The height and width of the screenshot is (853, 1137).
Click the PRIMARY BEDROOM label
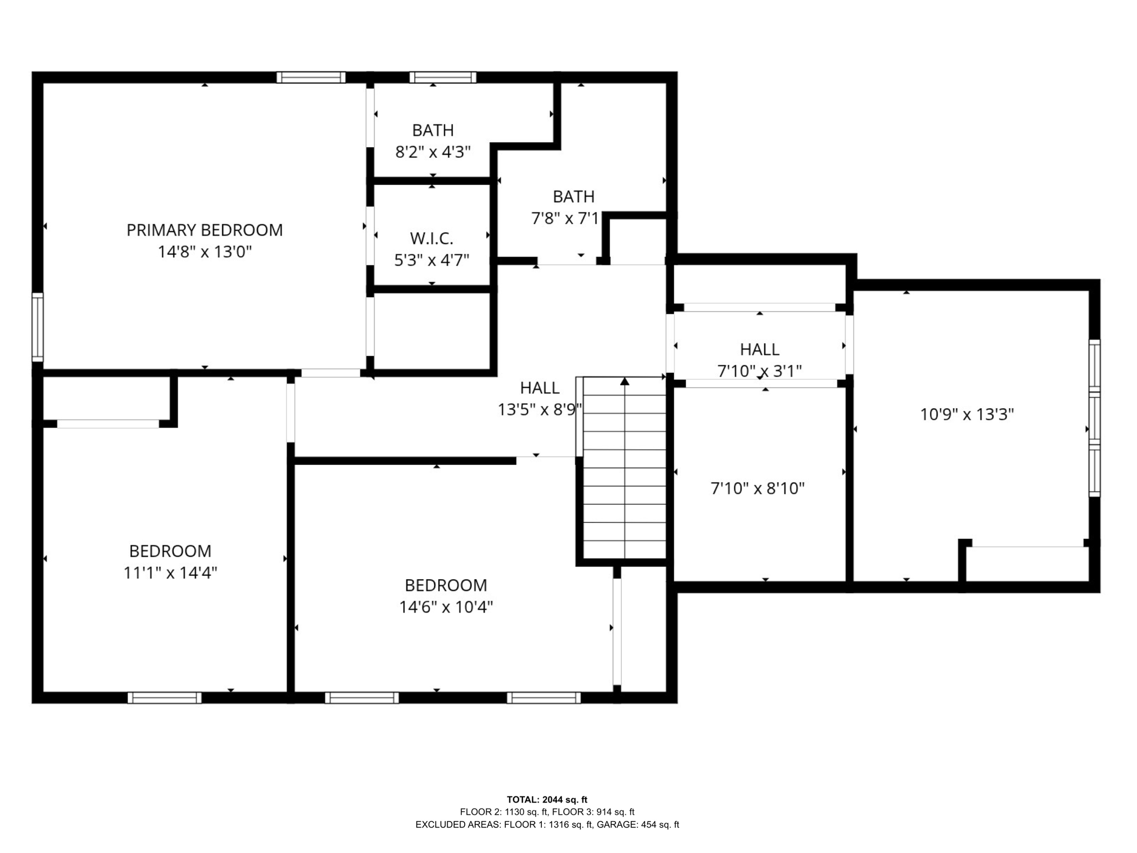tap(204, 230)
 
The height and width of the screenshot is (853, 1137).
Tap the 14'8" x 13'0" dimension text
tap(204, 252)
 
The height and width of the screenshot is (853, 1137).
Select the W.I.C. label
tap(432, 239)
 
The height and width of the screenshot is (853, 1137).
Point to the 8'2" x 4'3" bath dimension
tap(433, 152)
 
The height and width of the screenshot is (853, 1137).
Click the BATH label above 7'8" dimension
tap(573, 197)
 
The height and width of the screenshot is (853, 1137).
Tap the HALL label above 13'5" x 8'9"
tap(540, 388)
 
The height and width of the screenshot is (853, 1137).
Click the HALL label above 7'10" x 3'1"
tap(759, 349)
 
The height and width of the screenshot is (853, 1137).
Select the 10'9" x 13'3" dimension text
tap(967, 415)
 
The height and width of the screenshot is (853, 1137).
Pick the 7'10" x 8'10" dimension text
tap(758, 489)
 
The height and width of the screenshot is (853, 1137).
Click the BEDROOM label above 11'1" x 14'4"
tap(170, 551)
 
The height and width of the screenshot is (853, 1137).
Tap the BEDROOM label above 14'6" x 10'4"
tap(446, 585)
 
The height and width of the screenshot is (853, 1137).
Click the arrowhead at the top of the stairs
tap(625, 381)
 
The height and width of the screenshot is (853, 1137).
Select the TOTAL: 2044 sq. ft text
tap(547, 800)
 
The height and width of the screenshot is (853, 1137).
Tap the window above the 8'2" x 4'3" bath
tap(443, 77)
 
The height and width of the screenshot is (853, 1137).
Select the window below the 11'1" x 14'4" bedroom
tap(164, 698)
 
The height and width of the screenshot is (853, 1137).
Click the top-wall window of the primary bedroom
tap(311, 77)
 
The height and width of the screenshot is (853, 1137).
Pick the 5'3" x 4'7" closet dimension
tap(432, 260)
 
